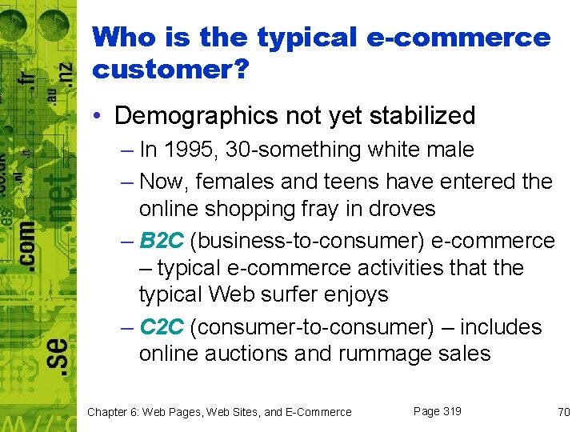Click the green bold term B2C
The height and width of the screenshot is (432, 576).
click(162, 241)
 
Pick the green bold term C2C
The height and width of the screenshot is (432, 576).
click(162, 327)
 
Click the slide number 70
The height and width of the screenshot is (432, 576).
click(563, 412)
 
